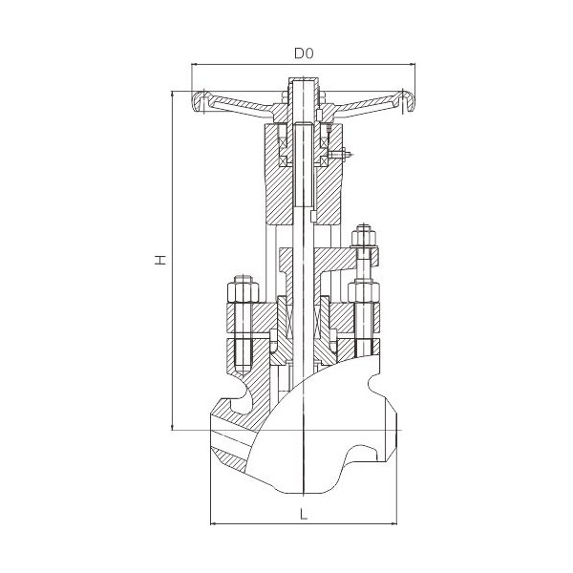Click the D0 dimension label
[x=304, y=53]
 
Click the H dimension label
[x=160, y=260]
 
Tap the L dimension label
[x=304, y=515]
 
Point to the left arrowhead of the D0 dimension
[x=195, y=65]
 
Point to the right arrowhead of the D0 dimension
[x=413, y=65]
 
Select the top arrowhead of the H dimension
[x=172, y=95]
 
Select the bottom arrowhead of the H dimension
[x=172, y=426]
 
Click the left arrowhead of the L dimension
[x=215, y=524]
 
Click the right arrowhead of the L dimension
[x=393, y=524]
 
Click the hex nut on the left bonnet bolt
[x=243, y=291]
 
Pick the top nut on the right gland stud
[x=364, y=238]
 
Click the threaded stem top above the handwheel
[x=304, y=85]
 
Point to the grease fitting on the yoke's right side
[x=341, y=154]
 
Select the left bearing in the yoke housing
[x=284, y=145]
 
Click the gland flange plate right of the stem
[x=335, y=260]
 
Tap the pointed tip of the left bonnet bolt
[x=243, y=373]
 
